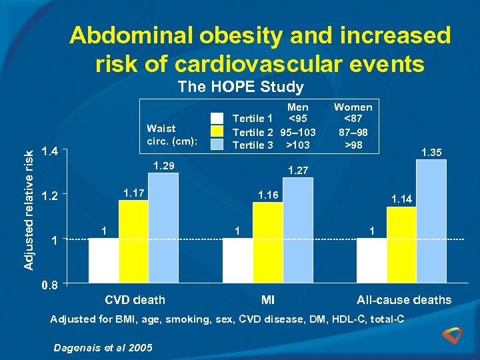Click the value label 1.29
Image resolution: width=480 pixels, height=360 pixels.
tap(164, 165)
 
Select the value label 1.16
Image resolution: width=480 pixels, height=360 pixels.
tap(269, 194)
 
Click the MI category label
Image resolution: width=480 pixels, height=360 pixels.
tap(268, 300)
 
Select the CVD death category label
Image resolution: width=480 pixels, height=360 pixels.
tap(135, 300)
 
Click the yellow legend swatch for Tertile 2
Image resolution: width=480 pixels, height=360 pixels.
tap(217, 131)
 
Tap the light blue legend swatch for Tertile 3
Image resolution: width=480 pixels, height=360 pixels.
tap(217, 144)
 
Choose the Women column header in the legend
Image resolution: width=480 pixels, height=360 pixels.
tap(353, 107)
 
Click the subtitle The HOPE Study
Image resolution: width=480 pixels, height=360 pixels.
tap(240, 87)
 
